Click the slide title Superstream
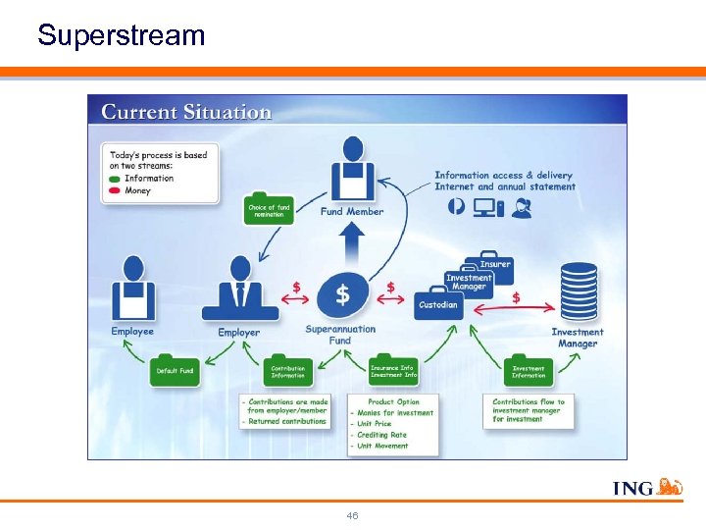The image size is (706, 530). [122, 36]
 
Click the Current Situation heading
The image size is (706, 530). [186, 112]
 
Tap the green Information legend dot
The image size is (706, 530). [116, 179]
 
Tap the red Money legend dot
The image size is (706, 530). [116, 190]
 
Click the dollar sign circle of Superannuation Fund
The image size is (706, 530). [342, 293]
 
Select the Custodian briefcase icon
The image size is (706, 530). [437, 303]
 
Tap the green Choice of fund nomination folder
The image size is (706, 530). [269, 210]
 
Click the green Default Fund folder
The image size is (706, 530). [175, 370]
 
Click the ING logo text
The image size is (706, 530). [632, 488]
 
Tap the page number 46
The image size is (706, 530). [352, 515]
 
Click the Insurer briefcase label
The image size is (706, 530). [494, 265]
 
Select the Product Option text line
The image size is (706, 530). [393, 401]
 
